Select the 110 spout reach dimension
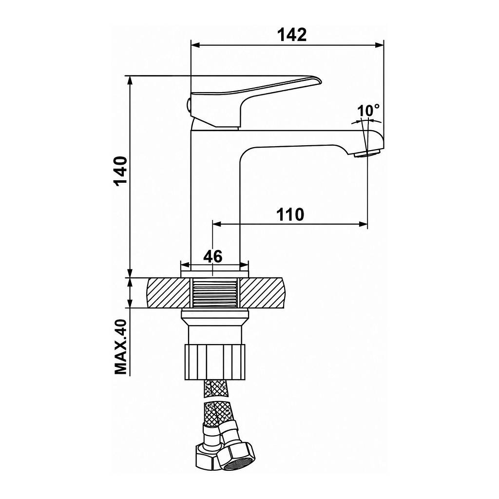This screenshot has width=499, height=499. (290, 214)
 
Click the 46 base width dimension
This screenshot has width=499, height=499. (212, 256)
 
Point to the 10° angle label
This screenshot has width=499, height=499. (368, 111)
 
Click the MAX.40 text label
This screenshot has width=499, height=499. (121, 347)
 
